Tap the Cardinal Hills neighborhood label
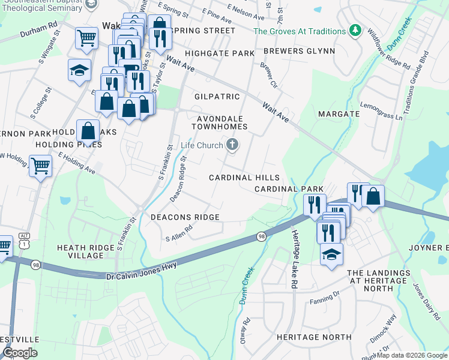coord(244,178)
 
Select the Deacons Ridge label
coord(184,217)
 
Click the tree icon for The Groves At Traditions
coord(355,31)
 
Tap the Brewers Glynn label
coord(299,51)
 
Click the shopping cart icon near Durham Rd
coord(86,38)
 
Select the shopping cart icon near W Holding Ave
coord(40,164)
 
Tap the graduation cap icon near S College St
coord(79,70)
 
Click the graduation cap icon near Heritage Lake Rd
coord(331,254)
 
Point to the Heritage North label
coord(314,338)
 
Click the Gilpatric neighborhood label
coord(217,97)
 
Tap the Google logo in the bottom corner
coord(20,353)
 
